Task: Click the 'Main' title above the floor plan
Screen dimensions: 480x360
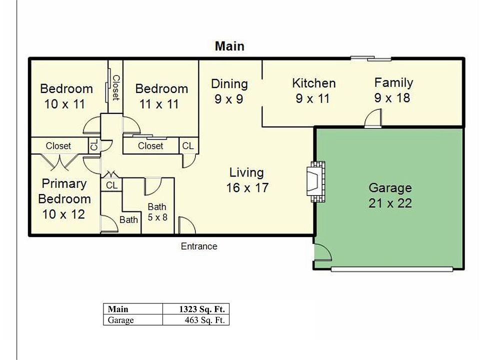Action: [229, 46]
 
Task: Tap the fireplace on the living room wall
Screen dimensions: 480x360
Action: [315, 181]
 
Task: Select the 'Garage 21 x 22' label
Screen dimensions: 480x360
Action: [390, 195]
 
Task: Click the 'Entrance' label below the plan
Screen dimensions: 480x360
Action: [199, 246]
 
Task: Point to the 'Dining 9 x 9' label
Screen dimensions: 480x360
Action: [229, 91]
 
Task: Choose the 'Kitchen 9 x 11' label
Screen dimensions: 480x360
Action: [313, 90]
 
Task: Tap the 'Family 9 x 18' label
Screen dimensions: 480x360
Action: [393, 90]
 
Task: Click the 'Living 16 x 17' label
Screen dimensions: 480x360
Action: [247, 180]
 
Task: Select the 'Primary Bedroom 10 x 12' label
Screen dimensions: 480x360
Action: [64, 198]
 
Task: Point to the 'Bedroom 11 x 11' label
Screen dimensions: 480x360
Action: [161, 96]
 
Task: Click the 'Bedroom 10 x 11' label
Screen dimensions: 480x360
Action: [66, 96]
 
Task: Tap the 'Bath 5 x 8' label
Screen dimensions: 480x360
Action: [157, 212]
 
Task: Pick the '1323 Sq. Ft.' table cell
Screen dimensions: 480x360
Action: [196, 309]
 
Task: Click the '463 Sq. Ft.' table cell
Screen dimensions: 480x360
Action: [196, 320]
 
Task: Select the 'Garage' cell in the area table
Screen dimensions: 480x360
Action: [133, 320]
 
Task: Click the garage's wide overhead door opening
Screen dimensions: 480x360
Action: [392, 269]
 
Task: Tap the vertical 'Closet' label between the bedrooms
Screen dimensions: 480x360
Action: [116, 88]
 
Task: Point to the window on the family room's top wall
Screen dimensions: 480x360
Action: [370, 58]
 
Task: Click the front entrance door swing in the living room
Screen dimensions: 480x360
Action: [186, 225]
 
